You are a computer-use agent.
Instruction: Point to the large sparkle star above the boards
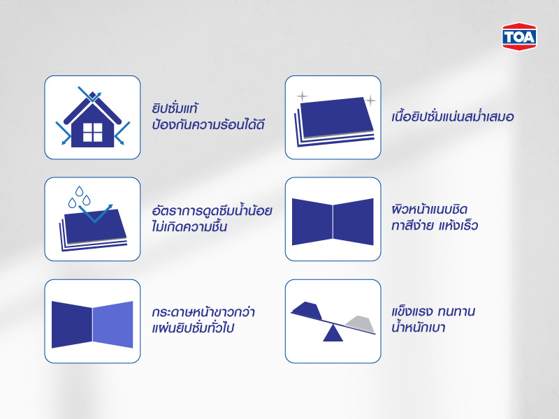302,95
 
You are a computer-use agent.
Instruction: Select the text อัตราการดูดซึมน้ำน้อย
211,211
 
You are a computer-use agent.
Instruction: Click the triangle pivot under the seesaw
333,334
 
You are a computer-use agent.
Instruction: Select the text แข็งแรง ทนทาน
433,311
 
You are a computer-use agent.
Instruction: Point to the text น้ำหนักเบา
419,328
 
